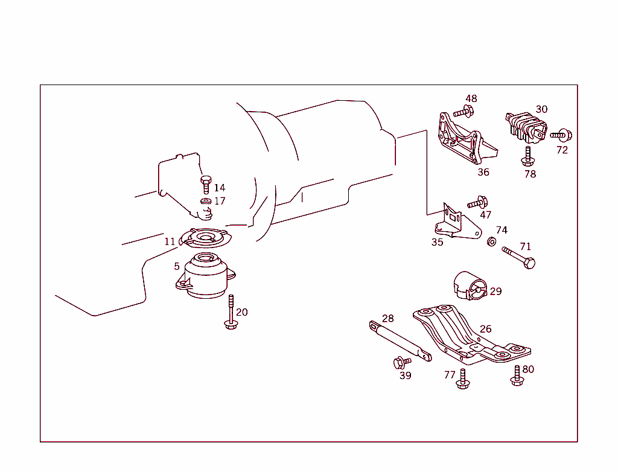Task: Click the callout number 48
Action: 471,98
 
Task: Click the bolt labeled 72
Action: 562,135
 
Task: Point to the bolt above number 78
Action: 528,156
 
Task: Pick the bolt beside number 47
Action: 477,203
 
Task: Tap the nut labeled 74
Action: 492,242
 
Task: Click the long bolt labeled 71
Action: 519,257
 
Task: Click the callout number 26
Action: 486,329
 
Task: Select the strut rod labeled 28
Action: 398,340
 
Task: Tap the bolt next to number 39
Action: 401,362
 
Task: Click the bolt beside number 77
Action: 463,378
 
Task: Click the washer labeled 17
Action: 205,201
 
